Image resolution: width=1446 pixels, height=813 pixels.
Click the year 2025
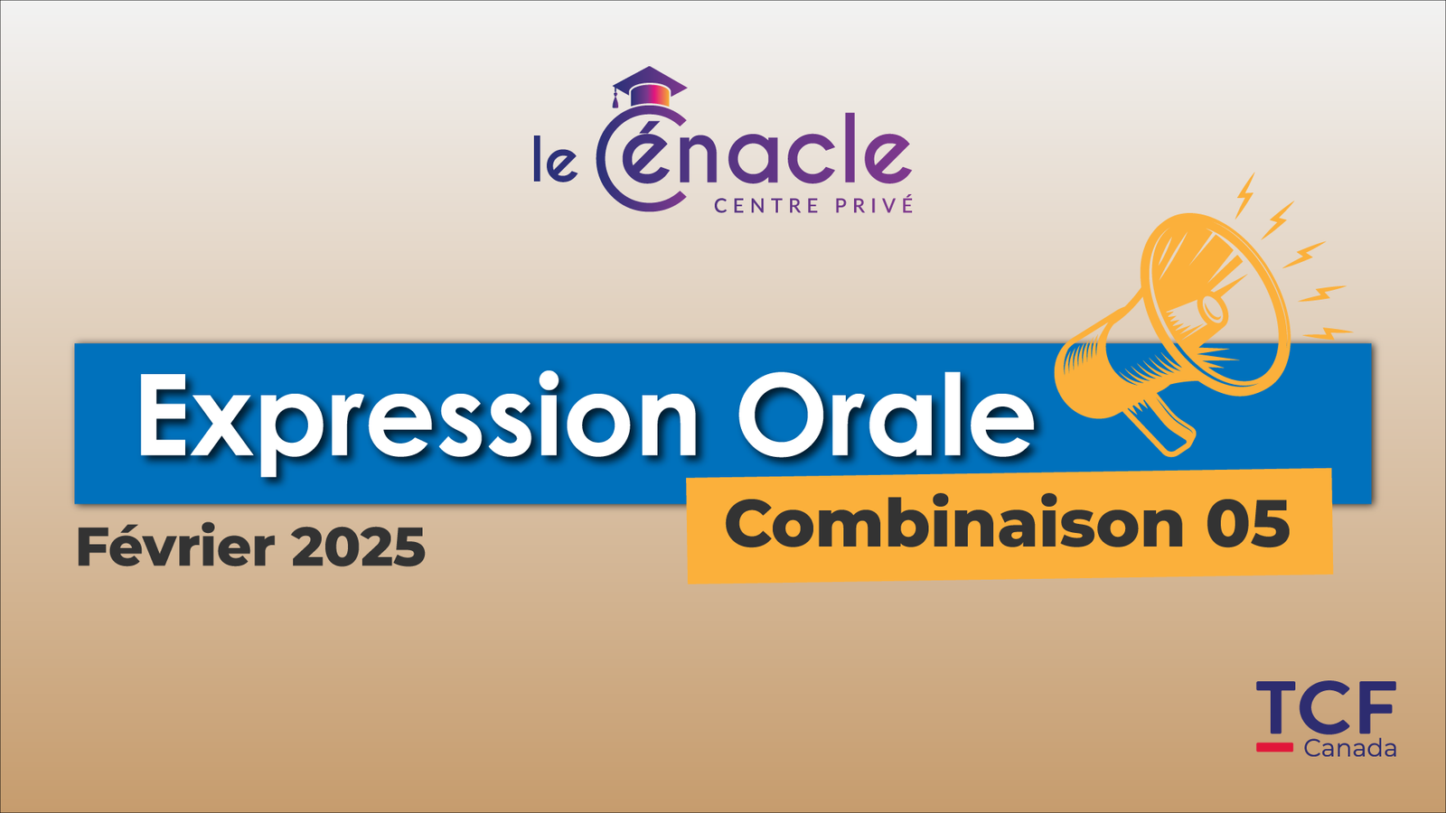(358, 547)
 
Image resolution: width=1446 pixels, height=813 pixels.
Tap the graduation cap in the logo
(649, 87)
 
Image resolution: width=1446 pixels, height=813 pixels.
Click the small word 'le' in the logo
(555, 158)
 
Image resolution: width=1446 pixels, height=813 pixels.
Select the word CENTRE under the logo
(767, 206)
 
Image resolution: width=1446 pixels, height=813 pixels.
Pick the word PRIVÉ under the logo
(875, 204)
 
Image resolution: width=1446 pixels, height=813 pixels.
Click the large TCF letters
(1326, 708)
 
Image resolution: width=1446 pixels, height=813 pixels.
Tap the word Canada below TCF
(1350, 749)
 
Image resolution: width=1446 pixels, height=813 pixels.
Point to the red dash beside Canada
(1274, 747)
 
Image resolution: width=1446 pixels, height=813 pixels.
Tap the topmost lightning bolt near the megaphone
(1244, 195)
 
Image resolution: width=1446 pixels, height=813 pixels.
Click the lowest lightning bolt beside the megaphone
(1328, 333)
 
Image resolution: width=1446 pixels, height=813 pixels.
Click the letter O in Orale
(783, 414)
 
